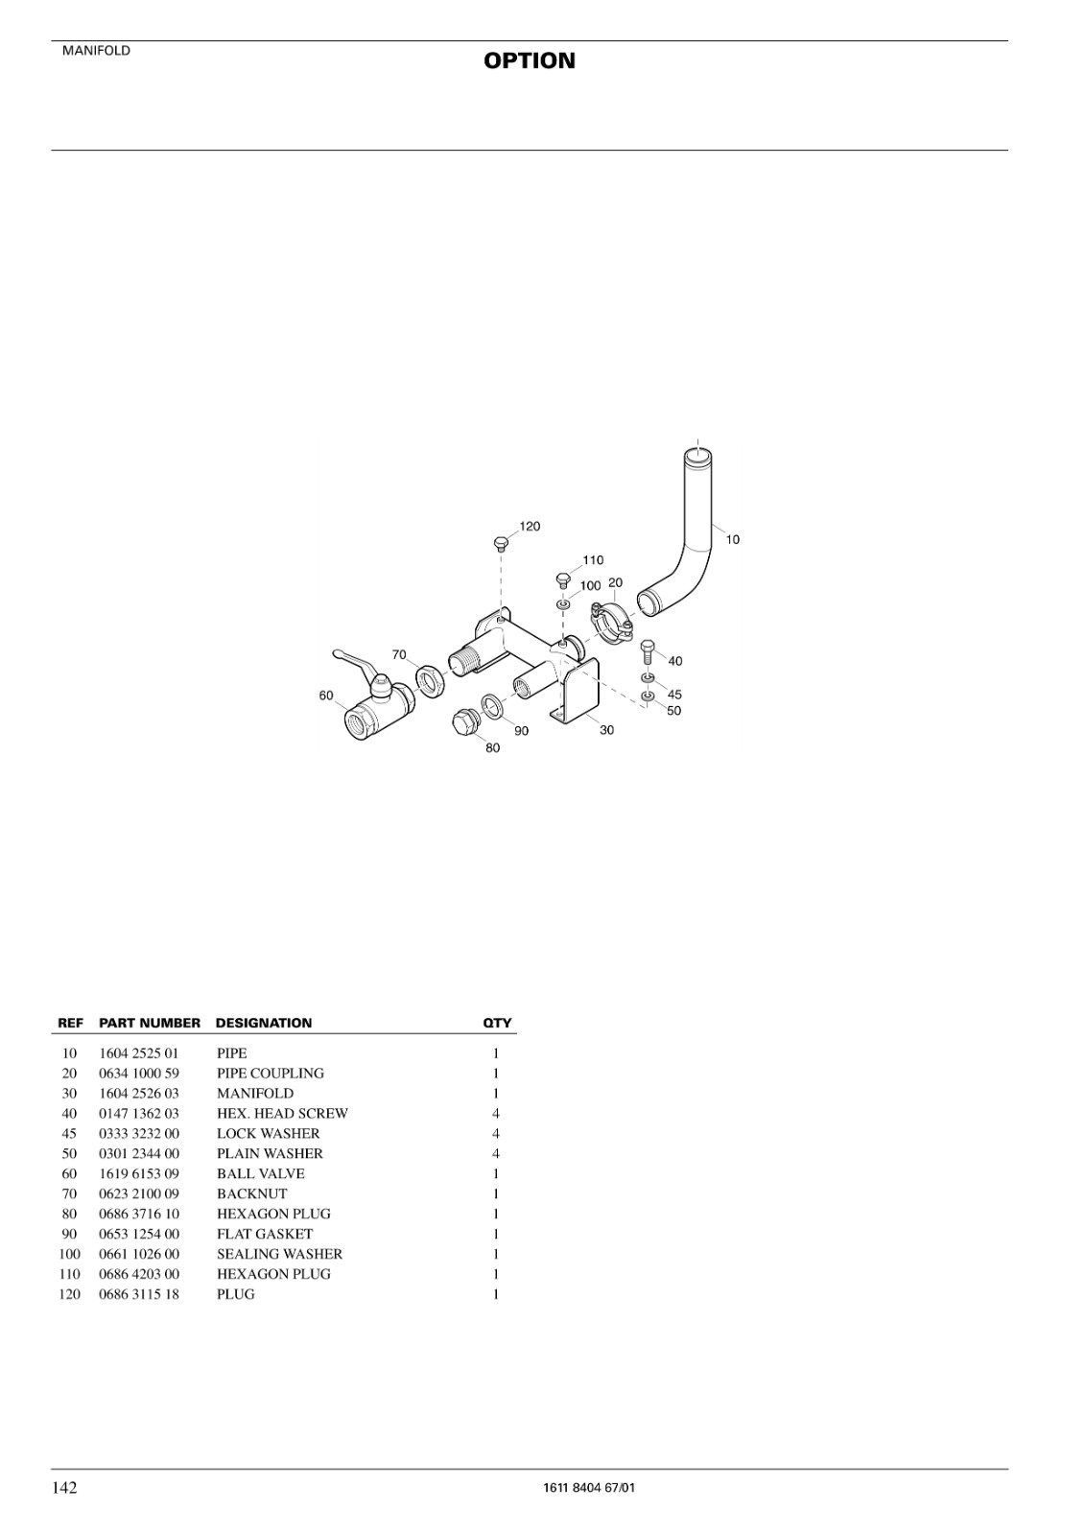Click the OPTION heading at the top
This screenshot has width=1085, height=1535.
pyautogui.click(x=530, y=61)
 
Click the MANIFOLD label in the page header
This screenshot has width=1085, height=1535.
pyautogui.click(x=96, y=51)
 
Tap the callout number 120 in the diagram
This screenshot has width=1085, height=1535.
pyautogui.click(x=530, y=527)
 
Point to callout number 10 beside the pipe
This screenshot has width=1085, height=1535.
pyautogui.click(x=733, y=539)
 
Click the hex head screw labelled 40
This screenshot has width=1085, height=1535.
pyautogui.click(x=648, y=651)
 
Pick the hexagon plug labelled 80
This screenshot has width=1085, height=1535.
pyautogui.click(x=466, y=720)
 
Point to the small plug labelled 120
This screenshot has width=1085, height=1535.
pyautogui.click(x=501, y=543)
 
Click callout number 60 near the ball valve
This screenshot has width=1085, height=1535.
pyautogui.click(x=326, y=696)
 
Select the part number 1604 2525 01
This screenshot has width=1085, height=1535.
pyautogui.click(x=138, y=1053)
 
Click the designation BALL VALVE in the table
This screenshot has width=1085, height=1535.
pyautogui.click(x=260, y=1174)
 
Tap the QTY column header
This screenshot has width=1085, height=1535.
pyautogui.click(x=497, y=1023)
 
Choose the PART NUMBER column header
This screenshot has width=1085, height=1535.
pyautogui.click(x=150, y=1023)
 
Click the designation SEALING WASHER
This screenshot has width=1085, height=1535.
pyautogui.click(x=280, y=1254)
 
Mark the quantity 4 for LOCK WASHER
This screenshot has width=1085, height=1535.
pyautogui.click(x=496, y=1133)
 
